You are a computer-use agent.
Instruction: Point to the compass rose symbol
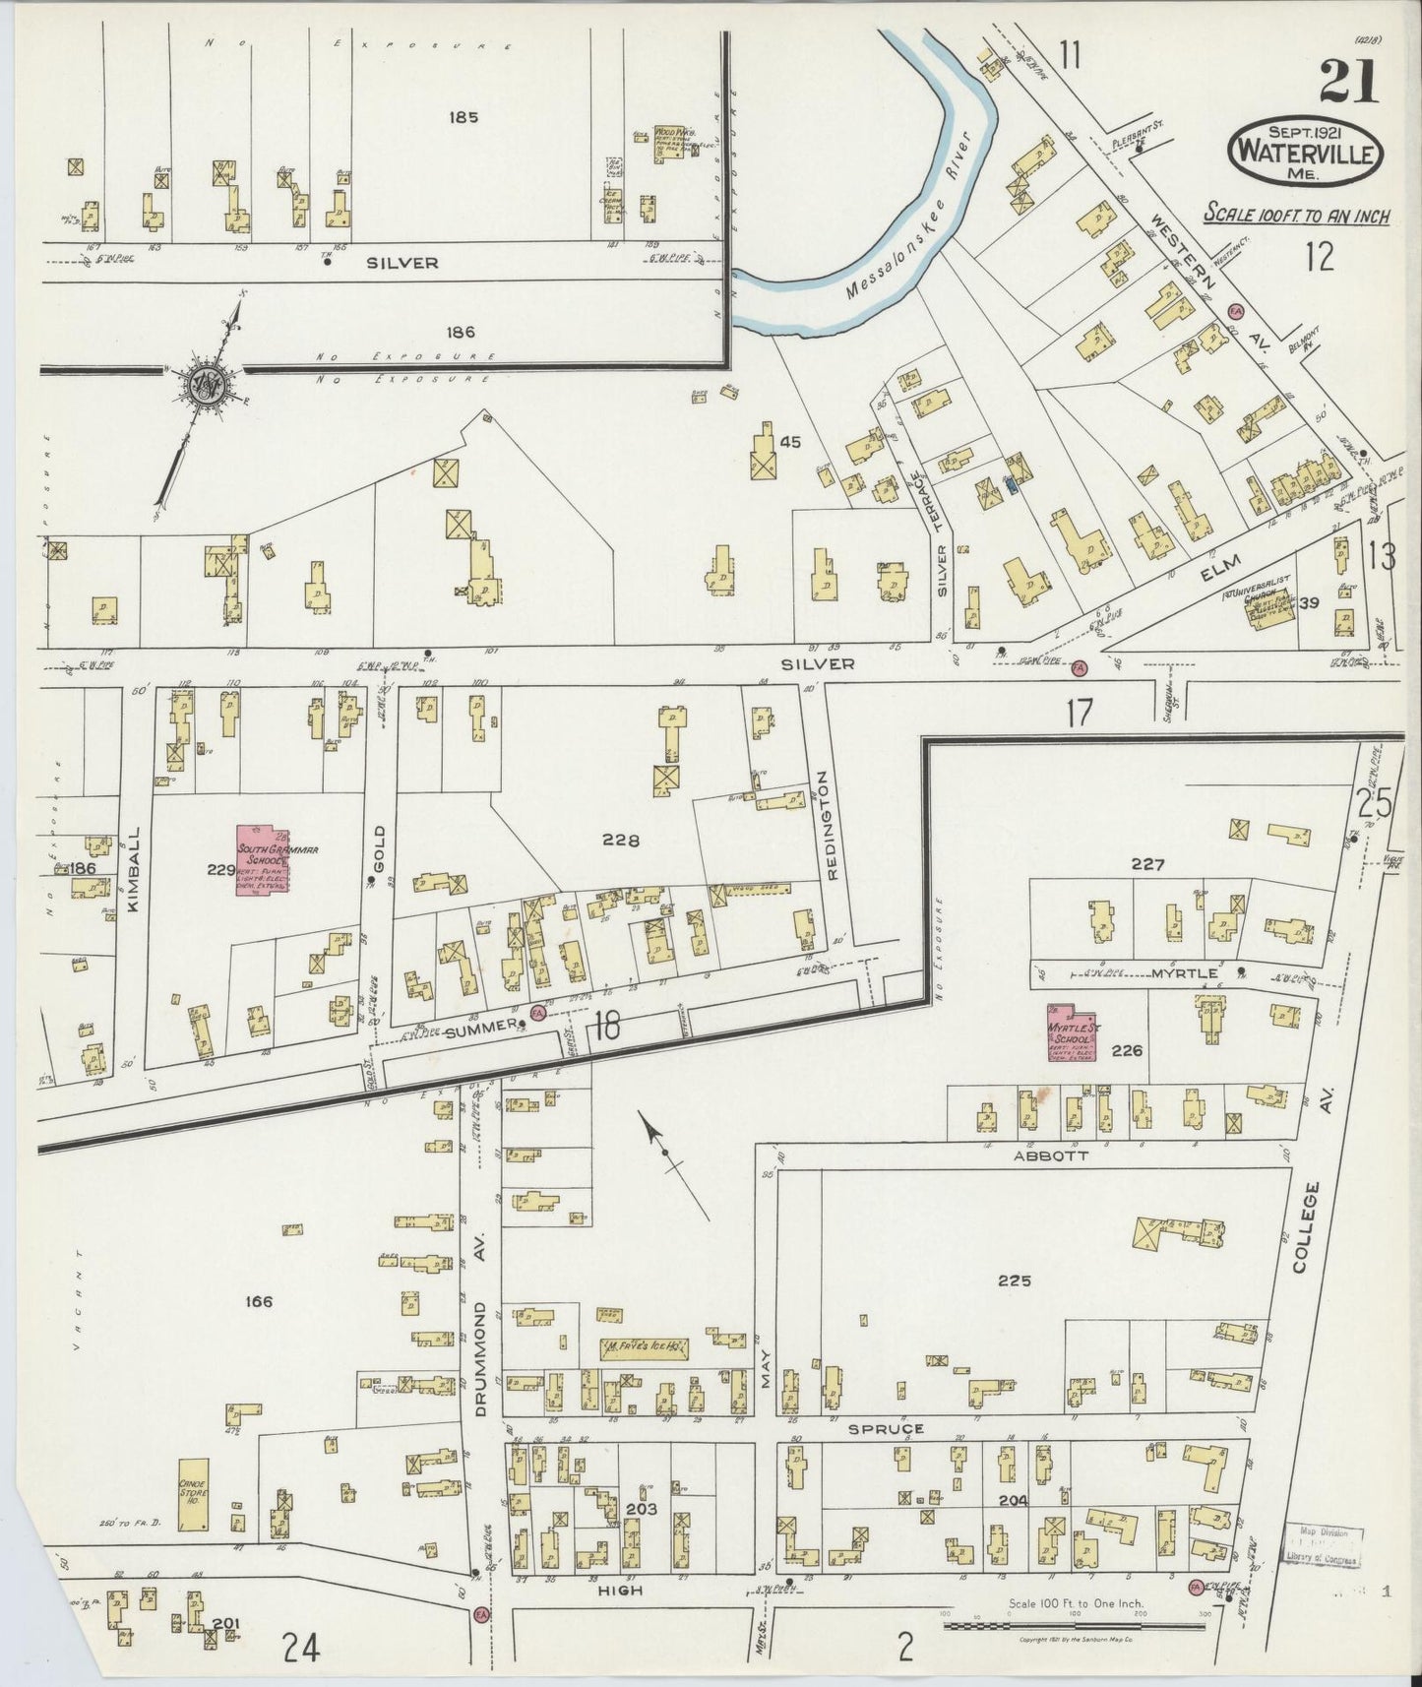pyautogui.click(x=206, y=385)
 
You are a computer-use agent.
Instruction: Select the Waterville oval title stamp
pyautogui.click(x=1305, y=153)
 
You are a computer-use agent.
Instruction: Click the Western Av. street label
pyautogui.click(x=1205, y=266)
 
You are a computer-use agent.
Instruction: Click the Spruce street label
pyautogui.click(x=890, y=1428)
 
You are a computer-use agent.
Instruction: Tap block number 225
pyautogui.click(x=1013, y=1281)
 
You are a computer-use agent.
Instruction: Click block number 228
pyautogui.click(x=621, y=840)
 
